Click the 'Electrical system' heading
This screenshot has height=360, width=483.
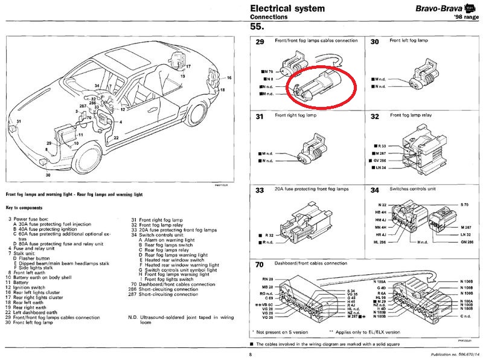(287, 8)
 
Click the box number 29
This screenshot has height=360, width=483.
(260, 42)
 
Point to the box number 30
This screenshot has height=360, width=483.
(374, 42)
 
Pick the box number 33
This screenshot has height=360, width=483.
(260, 191)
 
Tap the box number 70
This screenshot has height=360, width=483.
(260, 265)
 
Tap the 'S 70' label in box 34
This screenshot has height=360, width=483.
(464, 205)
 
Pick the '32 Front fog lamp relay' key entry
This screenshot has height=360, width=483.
(158, 225)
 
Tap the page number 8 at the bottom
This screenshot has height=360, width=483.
(249, 355)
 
